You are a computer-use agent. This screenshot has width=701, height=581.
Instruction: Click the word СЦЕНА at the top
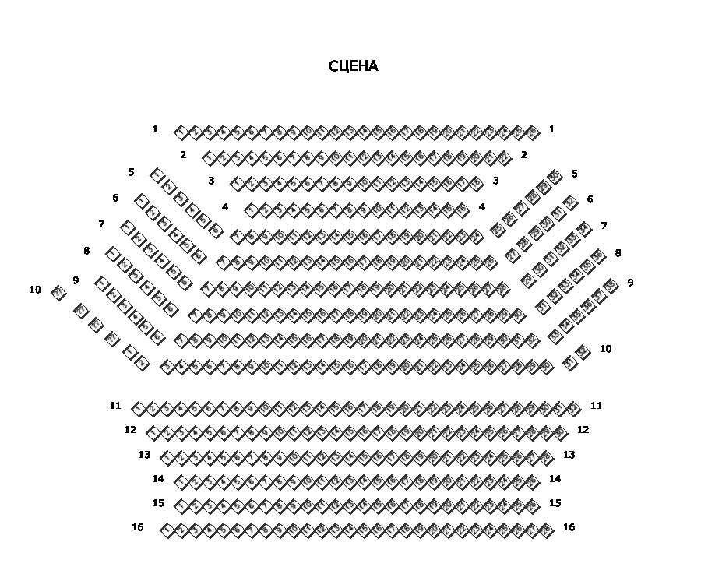(x=353, y=66)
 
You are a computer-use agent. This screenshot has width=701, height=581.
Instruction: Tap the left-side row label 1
(x=155, y=129)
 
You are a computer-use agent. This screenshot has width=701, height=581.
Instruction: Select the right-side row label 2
(x=523, y=155)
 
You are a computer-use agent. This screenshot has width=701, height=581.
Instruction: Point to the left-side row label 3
(x=211, y=181)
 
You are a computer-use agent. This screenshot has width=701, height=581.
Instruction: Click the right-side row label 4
(x=482, y=207)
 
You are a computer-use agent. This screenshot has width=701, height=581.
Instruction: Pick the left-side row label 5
(x=131, y=172)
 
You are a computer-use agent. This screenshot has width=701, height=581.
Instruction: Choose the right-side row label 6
(x=590, y=199)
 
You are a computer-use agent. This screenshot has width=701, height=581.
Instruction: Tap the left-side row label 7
(x=101, y=224)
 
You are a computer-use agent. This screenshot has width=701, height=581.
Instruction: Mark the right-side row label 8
(x=618, y=253)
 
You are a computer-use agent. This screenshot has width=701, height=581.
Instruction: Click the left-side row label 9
(x=76, y=280)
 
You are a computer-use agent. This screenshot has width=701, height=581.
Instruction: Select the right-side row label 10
(x=605, y=349)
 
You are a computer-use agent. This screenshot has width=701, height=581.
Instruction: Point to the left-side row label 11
(x=115, y=406)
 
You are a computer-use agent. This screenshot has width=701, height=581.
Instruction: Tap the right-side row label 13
(x=569, y=455)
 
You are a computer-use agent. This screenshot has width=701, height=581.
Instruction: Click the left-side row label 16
(x=138, y=527)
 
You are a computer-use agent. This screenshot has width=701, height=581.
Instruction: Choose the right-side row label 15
(x=555, y=503)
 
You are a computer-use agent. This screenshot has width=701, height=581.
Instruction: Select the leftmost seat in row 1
(x=181, y=132)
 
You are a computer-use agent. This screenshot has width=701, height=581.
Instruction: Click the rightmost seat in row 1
(x=533, y=132)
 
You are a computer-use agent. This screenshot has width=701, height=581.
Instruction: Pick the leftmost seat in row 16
(x=167, y=530)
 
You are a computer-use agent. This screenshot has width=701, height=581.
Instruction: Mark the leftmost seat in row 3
(x=237, y=184)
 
